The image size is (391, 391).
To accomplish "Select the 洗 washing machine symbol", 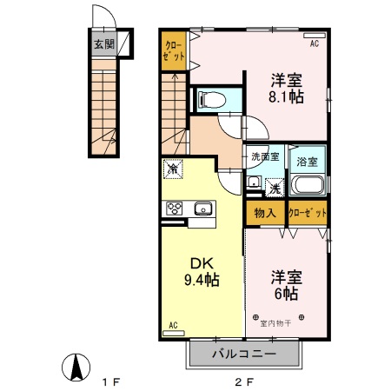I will pos(274,187).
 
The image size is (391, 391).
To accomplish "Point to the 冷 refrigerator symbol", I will pos(174,169).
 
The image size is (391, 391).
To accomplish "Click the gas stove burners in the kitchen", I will pos(174,209).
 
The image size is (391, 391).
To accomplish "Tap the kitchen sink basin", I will pos(203,209).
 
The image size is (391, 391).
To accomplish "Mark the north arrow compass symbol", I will pos(76,368).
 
